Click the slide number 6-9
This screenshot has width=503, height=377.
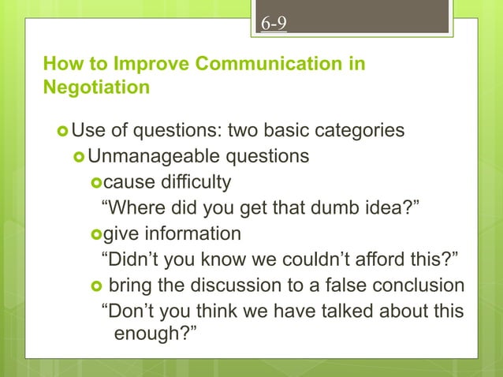pos(274,24)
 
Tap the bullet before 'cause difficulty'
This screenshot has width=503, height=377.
pos(97,183)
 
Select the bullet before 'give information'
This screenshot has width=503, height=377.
pos(97,234)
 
